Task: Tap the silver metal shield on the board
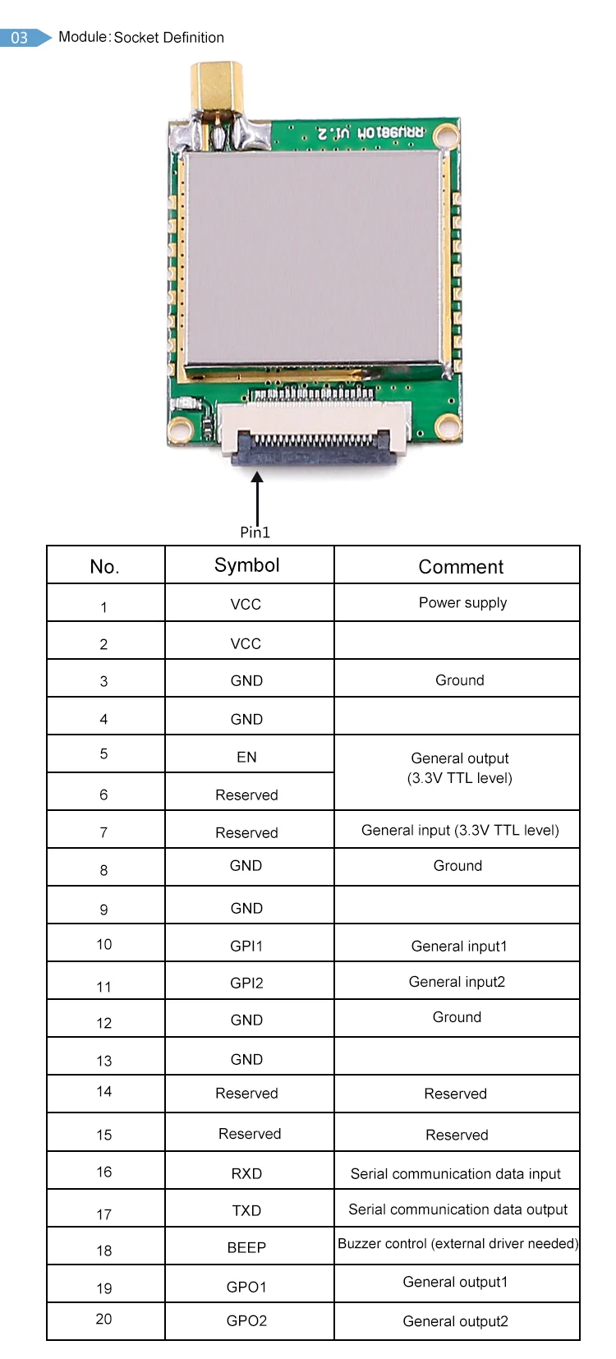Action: (x=315, y=257)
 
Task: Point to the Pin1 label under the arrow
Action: (x=255, y=532)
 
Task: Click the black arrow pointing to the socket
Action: (x=257, y=496)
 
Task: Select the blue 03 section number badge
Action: (x=21, y=38)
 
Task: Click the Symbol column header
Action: (x=247, y=565)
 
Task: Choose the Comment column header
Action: (x=461, y=567)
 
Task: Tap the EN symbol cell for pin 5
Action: (x=246, y=757)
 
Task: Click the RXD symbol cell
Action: (x=246, y=1173)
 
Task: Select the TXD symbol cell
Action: (x=246, y=1210)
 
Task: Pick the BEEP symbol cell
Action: (x=246, y=1247)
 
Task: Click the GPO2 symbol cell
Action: (x=246, y=1320)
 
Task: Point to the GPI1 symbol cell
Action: (x=246, y=946)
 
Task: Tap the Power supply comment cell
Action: (x=462, y=602)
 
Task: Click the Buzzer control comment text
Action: (x=457, y=1243)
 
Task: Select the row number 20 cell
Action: (x=103, y=1319)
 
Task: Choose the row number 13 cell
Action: (x=103, y=1060)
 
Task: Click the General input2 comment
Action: (x=457, y=982)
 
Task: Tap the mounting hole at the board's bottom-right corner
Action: (x=448, y=426)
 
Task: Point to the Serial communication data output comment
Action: (x=457, y=1209)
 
